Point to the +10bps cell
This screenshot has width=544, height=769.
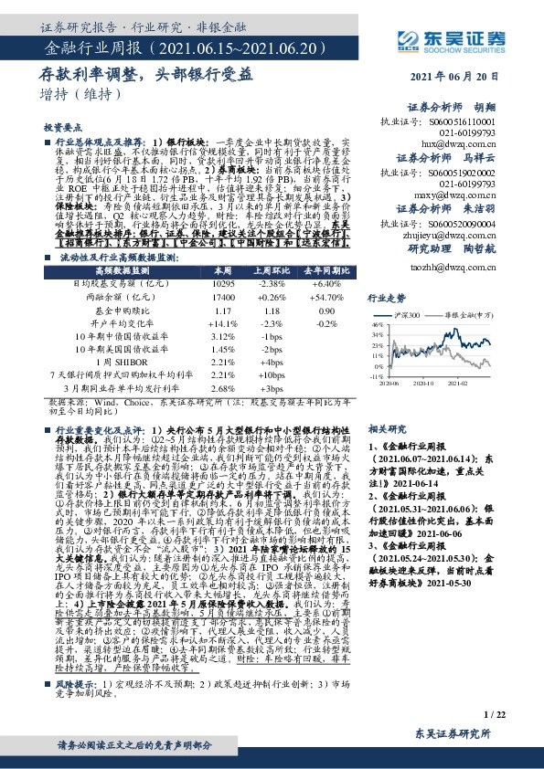272,374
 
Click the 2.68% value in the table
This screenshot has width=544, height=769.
223,387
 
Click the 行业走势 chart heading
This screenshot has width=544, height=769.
387,298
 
